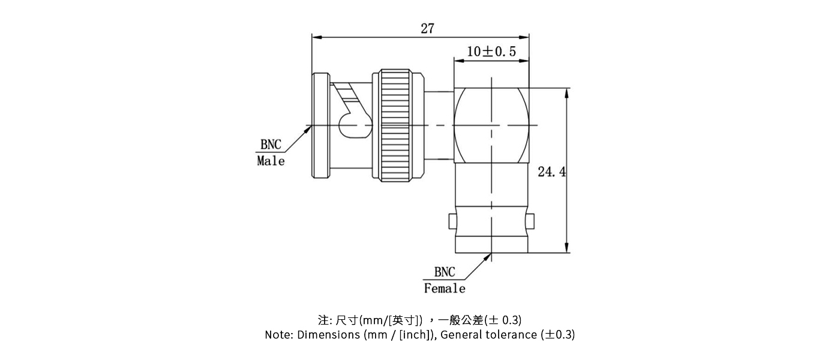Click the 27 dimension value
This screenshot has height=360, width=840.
(427, 28)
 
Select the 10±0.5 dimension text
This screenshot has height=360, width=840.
(491, 52)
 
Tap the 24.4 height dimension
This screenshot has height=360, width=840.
(551, 173)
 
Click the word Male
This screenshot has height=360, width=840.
(271, 161)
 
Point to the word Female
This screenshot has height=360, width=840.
(444, 289)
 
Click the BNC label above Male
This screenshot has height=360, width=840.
(270, 145)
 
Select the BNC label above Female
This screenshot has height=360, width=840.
(445, 272)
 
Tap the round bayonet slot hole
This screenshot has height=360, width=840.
(348, 127)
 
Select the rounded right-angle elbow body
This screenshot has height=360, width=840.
(492, 126)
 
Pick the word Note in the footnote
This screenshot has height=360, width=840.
(278, 335)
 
